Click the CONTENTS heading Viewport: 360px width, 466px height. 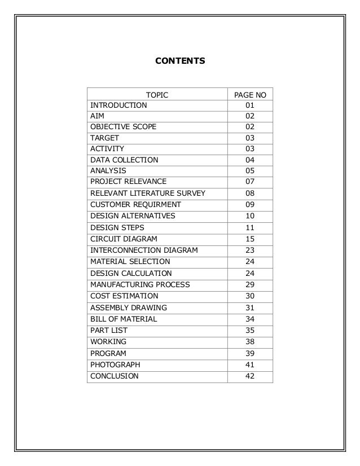180,59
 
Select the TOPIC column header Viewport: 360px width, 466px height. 157,94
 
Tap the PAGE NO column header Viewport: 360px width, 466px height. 250,94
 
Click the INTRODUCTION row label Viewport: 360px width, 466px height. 118,105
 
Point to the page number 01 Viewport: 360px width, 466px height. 250,105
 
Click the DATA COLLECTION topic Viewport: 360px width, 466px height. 124,160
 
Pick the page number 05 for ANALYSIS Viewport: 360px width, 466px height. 250,170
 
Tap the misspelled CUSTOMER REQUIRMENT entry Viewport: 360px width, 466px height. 135,205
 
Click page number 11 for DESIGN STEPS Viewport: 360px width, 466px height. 250,227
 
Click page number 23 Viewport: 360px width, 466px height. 250,250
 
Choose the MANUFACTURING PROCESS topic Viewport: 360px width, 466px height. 140,284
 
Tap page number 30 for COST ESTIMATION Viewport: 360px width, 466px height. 250,296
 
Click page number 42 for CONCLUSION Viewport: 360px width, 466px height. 250,376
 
